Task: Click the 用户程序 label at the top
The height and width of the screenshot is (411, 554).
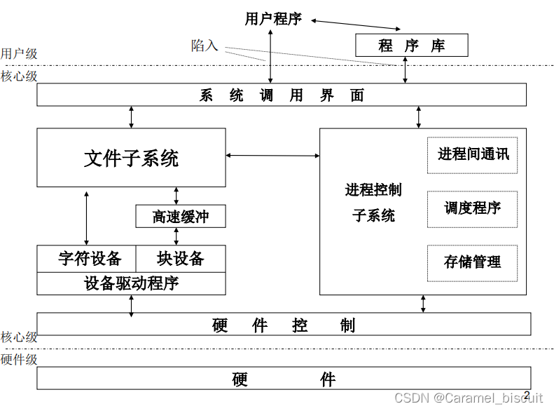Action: [273, 19]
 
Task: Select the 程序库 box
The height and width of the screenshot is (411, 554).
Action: [411, 46]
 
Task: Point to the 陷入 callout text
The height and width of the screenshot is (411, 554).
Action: [205, 46]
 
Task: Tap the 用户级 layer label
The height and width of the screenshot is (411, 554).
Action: [19, 54]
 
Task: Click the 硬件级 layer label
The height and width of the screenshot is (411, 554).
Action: [19, 359]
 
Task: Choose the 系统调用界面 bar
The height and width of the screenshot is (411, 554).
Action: [282, 95]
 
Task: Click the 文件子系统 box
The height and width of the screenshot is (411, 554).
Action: [131, 158]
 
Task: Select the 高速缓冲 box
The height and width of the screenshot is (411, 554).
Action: [181, 217]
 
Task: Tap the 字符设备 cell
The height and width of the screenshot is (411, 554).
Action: [86, 258]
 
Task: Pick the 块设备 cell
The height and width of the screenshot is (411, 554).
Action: [181, 258]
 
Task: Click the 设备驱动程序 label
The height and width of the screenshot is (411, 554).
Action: [131, 283]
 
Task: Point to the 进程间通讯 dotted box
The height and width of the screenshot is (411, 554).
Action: [473, 155]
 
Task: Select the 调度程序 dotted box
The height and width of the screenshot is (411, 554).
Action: [473, 208]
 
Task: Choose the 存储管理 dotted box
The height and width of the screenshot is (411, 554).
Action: [473, 262]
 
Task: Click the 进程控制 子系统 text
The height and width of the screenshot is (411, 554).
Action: [373, 203]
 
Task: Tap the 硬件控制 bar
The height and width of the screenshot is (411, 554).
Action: [284, 325]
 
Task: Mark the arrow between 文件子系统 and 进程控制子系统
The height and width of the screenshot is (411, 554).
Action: [272, 155]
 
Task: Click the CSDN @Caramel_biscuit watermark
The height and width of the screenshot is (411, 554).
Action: [469, 398]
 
